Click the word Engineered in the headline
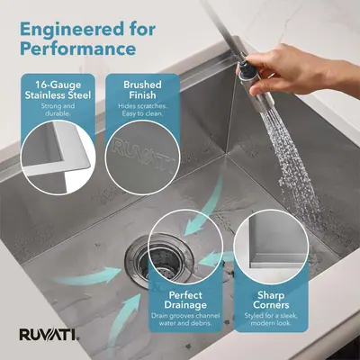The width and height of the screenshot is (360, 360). tap(71, 31)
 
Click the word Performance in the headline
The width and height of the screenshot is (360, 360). tap(78, 49)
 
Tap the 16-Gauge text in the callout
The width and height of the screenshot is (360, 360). tap(58, 85)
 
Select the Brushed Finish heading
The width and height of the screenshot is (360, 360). tap(142, 90)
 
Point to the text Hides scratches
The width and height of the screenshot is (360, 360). tap(142, 106)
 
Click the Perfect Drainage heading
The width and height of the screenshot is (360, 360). tap(185, 300)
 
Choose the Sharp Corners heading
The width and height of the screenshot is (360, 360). tap(271, 300)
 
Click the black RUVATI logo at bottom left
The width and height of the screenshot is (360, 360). tap(47, 335)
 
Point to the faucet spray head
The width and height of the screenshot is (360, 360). tap(256, 85)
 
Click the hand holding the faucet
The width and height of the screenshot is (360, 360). tap(303, 70)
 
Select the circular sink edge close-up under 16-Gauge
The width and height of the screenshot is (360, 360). tap(58, 157)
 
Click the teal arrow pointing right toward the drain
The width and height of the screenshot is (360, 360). tap(88, 276)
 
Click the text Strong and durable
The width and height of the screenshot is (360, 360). tap(58, 110)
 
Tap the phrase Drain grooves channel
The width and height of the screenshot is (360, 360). tap(185, 316)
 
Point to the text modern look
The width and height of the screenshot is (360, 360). tap(271, 323)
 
